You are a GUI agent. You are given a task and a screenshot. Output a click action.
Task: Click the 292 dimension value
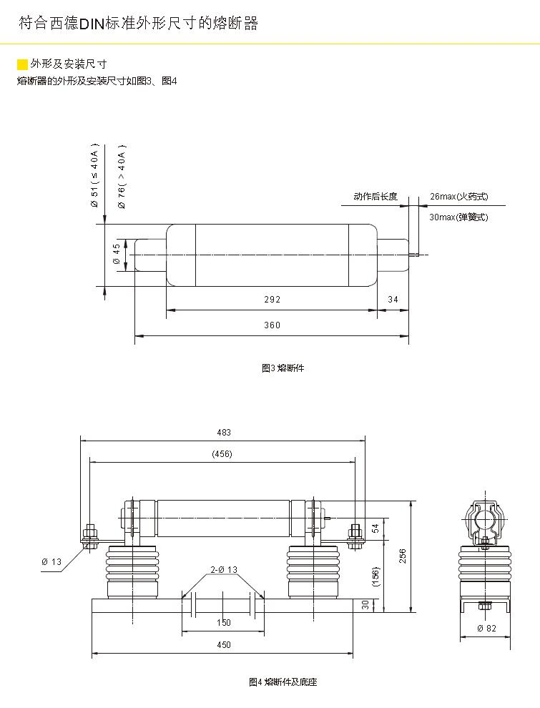273,300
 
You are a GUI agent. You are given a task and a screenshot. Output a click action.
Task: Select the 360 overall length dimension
273,325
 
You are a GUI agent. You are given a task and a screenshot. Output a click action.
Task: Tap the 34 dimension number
393,300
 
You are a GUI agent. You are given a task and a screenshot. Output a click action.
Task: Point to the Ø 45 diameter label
117,255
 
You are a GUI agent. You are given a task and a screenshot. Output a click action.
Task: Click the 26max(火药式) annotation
458,197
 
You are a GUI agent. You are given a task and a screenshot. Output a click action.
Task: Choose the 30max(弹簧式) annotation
458,217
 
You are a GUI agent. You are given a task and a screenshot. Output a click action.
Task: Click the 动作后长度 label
375,197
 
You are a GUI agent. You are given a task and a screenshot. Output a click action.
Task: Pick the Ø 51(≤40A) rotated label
94,176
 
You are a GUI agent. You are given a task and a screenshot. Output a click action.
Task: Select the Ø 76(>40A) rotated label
122,177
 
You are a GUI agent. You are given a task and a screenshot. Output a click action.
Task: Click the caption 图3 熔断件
283,368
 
